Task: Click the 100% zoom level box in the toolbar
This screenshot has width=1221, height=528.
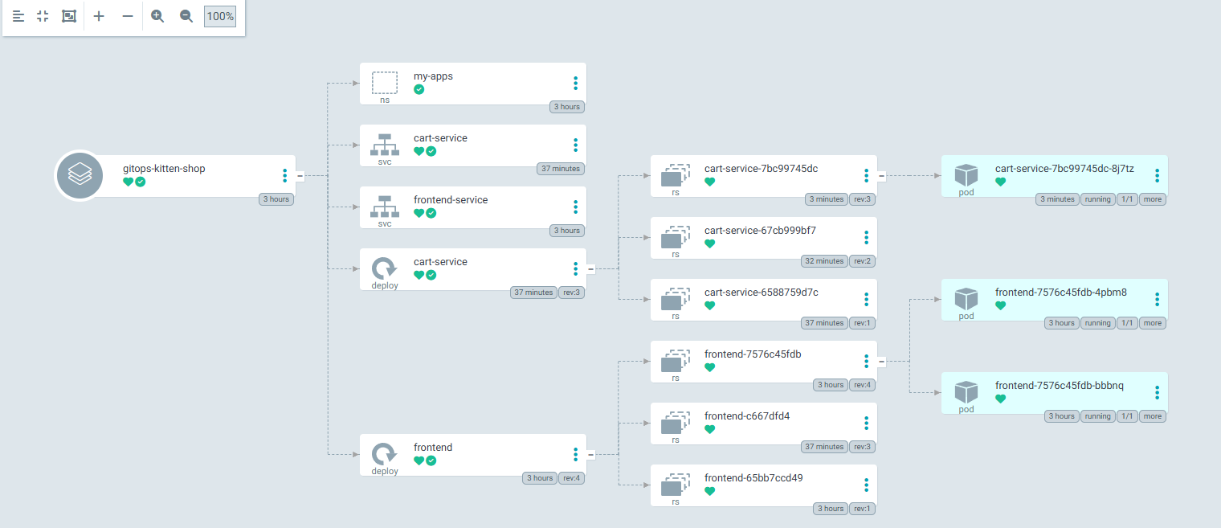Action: pos(220,16)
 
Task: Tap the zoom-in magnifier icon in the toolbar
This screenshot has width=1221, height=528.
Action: pos(157,16)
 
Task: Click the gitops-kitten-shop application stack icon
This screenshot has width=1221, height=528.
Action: pos(80,175)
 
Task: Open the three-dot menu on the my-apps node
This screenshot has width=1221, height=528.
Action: pos(575,84)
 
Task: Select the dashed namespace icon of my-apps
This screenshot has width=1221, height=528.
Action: pos(385,83)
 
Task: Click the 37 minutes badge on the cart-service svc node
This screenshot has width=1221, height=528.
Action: pos(561,169)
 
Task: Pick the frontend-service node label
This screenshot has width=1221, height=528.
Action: pos(450,199)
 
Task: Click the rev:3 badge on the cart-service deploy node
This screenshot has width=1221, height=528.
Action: pos(571,293)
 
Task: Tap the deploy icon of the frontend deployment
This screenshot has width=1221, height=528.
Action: pos(384,453)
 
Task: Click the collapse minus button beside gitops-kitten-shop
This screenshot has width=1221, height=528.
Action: pos(300,176)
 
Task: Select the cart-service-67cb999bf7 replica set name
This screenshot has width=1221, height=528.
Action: pos(760,230)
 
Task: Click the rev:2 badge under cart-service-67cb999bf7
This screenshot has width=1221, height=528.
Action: pos(863,261)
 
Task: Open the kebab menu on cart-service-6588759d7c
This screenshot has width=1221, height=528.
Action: pos(866,300)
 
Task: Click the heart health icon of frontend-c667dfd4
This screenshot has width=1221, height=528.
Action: pos(710,429)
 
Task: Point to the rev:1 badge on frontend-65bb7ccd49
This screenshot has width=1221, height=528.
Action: pos(863,509)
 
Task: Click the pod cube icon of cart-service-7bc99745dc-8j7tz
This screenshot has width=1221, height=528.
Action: pos(966,175)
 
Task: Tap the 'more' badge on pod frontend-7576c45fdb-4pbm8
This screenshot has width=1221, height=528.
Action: pos(1152,323)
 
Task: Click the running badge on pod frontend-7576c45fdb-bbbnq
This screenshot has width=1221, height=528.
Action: pos(1097,416)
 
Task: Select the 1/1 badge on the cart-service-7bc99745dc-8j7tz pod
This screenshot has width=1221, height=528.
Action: pos(1127,199)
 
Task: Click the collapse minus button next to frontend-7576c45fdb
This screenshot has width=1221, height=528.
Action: pos(881,362)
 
